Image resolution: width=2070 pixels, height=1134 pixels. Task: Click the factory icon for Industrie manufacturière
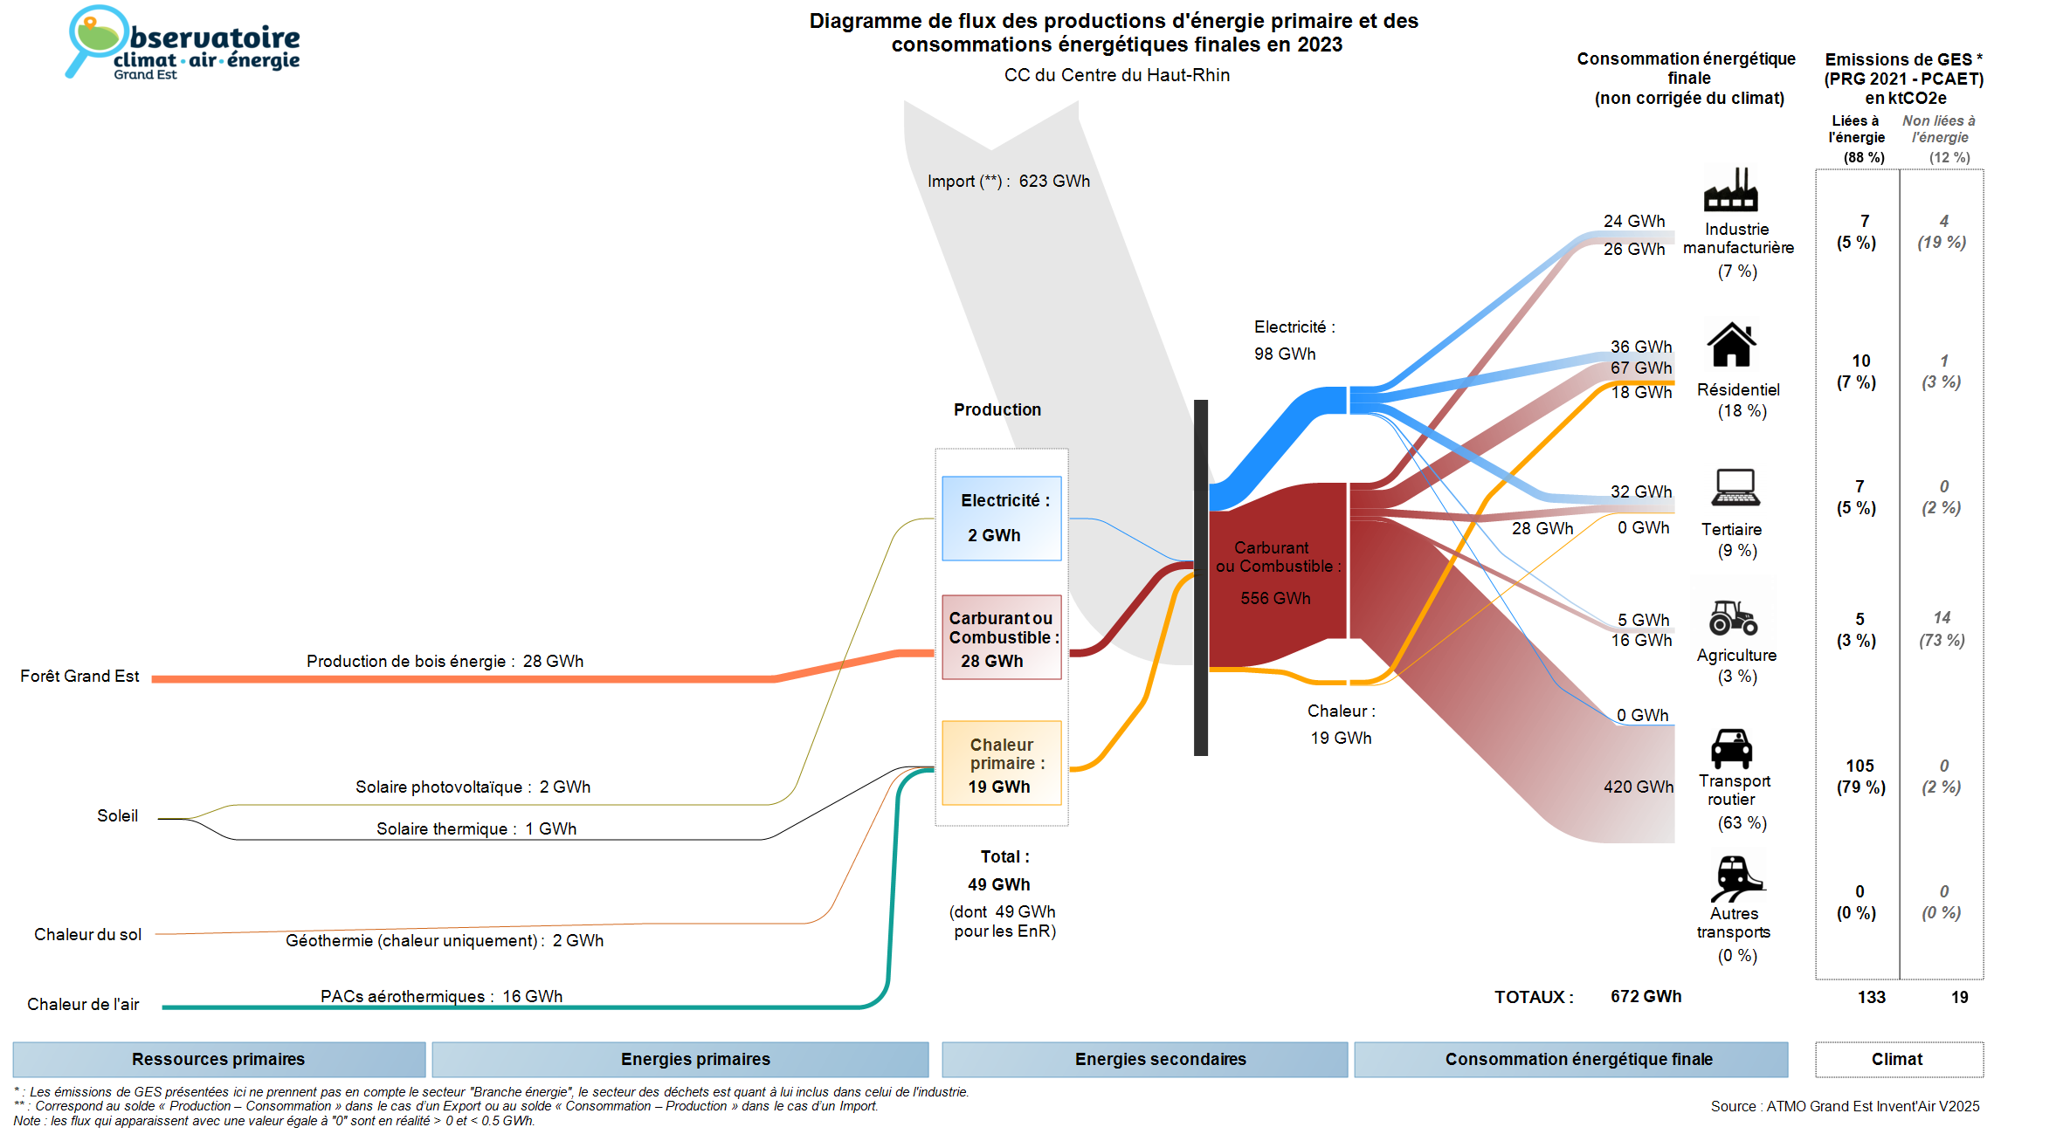(1730, 190)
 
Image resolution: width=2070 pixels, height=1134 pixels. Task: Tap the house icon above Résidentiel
(1731, 345)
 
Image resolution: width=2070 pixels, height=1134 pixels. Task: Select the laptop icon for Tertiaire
(1735, 488)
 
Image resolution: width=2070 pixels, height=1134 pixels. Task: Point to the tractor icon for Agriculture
(1733, 617)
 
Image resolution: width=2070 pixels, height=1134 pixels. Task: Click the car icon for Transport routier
(1731, 748)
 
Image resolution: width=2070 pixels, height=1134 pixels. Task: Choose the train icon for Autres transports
(1735, 877)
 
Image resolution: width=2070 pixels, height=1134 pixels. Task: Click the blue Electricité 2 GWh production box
(1001, 518)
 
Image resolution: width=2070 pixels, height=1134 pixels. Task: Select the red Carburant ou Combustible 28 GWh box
(1001, 637)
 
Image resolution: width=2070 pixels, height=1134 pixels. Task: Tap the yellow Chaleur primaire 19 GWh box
(1001, 763)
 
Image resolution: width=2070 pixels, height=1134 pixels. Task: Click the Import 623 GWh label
(1009, 182)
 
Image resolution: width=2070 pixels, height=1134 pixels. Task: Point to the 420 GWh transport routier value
(1638, 787)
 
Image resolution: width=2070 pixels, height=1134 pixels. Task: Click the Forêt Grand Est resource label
(79, 677)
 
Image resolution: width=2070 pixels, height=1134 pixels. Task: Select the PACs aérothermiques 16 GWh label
(441, 996)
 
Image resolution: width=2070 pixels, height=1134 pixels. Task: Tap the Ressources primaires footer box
(218, 1059)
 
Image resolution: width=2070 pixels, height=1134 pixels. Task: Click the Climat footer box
(1898, 1059)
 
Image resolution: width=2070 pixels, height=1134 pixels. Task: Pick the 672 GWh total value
(1646, 997)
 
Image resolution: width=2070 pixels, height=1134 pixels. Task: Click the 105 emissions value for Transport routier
(1860, 766)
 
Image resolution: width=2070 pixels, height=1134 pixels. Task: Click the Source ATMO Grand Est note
(1845, 1106)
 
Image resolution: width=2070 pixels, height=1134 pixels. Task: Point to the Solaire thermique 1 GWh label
(476, 828)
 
